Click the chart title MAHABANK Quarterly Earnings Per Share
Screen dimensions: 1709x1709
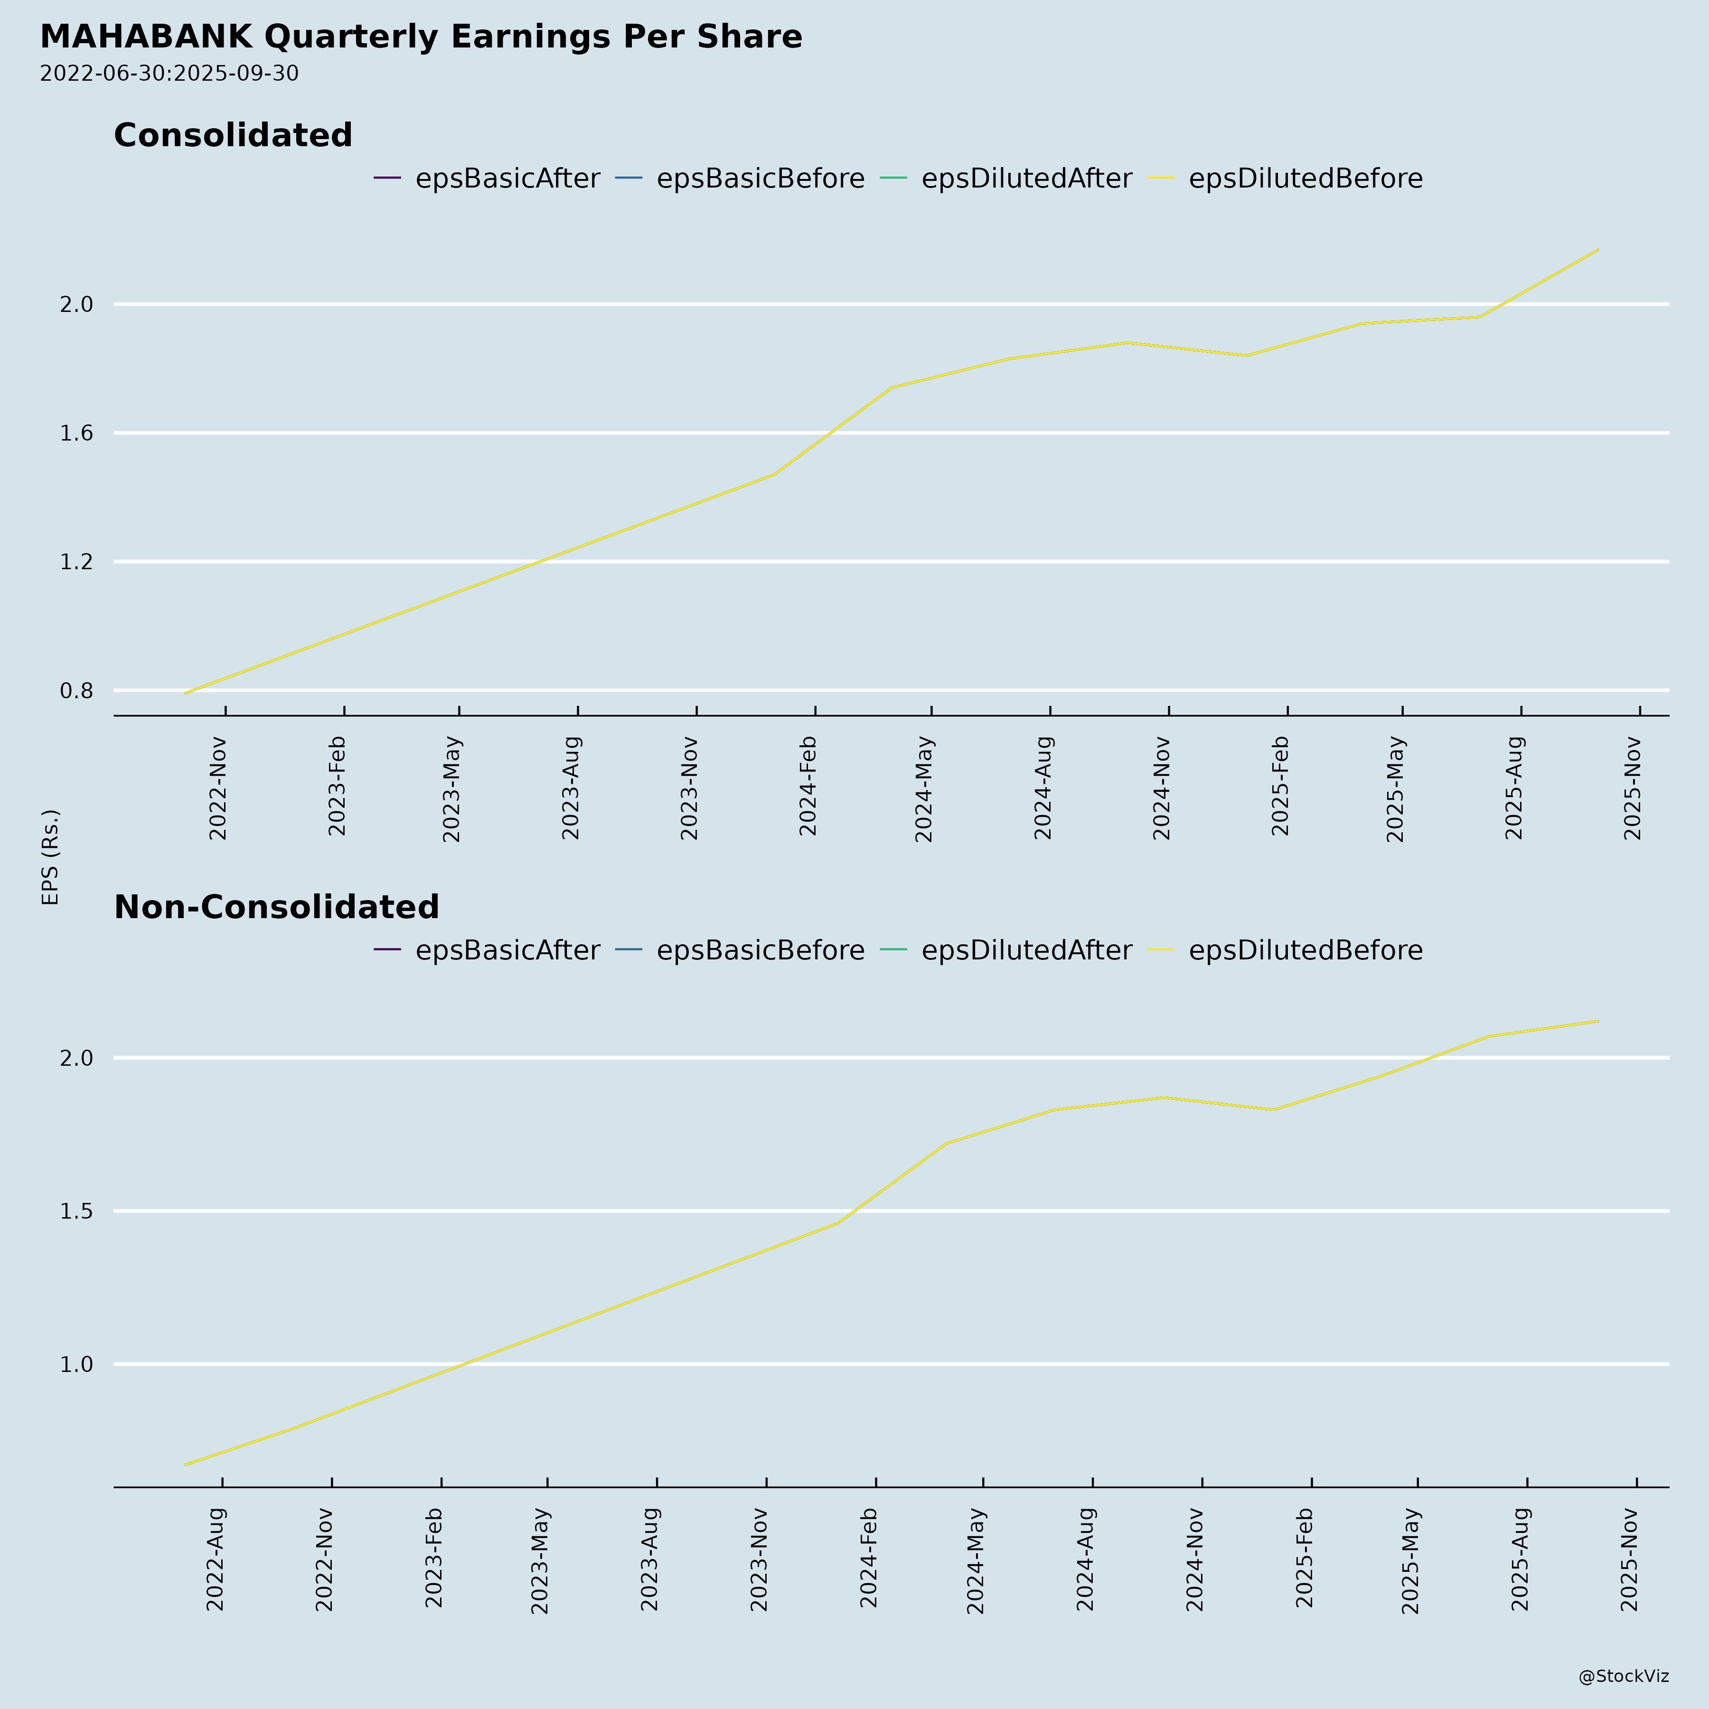[x=421, y=37]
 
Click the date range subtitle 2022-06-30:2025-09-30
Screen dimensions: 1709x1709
[x=169, y=74]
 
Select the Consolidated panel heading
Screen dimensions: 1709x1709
[x=233, y=135]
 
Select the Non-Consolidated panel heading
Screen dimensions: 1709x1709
[x=276, y=908]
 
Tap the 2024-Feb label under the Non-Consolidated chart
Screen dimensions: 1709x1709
[x=869, y=1558]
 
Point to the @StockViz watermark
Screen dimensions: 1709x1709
[x=1623, y=1676]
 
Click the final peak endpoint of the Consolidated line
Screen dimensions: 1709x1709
[x=1597, y=250]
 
